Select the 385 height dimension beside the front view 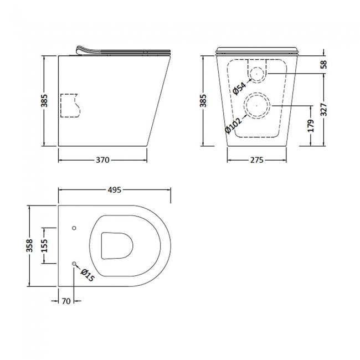(x=203, y=100)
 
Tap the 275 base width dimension (x=255, y=160)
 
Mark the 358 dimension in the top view (x=30, y=245)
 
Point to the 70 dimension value (x=65, y=302)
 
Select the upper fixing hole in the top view (x=75, y=228)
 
